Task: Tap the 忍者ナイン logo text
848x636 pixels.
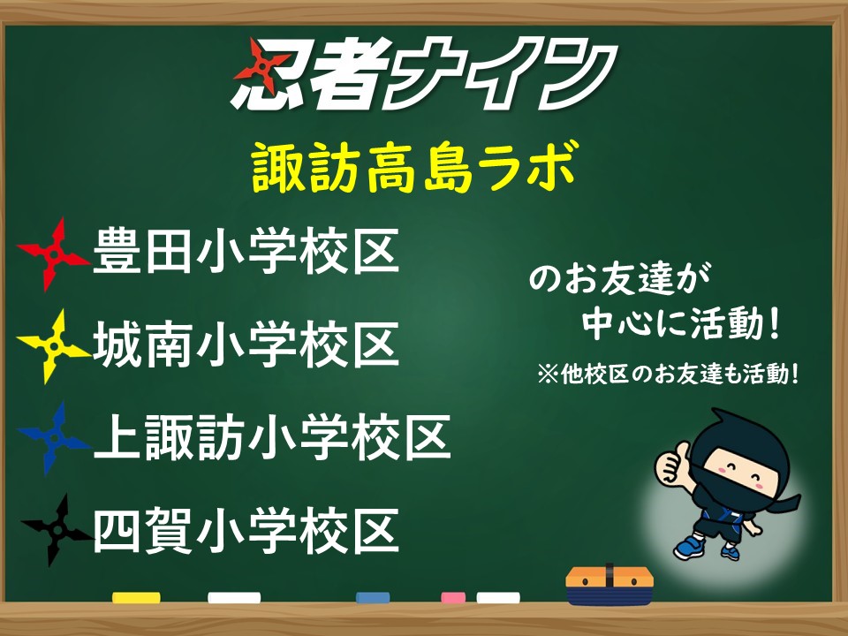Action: [x=426, y=74]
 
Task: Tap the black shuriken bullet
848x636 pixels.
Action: [x=55, y=530]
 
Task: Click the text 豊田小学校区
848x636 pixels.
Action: [x=246, y=252]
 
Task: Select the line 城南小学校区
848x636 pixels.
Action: [x=246, y=344]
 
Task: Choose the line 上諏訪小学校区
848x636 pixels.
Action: [x=272, y=437]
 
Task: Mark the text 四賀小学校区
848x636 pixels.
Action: [x=246, y=530]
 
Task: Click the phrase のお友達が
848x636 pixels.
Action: [x=620, y=279]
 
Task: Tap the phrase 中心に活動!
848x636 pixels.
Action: [x=681, y=323]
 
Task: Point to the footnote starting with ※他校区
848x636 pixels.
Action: [x=668, y=374]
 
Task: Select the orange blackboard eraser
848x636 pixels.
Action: [x=609, y=586]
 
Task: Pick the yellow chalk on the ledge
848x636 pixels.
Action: [x=136, y=598]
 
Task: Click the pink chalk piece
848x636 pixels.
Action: [x=453, y=598]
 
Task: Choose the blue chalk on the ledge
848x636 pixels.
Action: [x=373, y=598]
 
